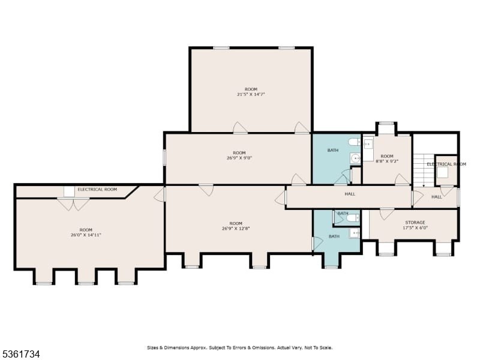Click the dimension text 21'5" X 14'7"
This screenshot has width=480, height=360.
click(x=251, y=95)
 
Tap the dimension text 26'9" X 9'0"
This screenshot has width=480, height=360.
click(x=239, y=158)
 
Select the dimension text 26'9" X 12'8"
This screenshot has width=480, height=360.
click(x=236, y=229)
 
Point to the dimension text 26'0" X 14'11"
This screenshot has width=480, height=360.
click(x=86, y=235)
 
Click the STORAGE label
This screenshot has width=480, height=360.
click(x=415, y=223)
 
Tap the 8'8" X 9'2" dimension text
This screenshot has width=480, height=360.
click(x=387, y=161)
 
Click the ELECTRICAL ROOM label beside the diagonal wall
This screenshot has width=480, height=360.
click(x=97, y=190)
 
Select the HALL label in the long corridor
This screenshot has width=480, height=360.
click(x=350, y=194)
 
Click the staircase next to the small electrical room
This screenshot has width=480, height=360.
click(x=424, y=170)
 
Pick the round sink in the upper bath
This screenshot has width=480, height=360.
click(x=355, y=158)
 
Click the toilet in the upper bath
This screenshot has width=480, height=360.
click(x=355, y=142)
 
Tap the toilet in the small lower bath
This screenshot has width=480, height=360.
click(x=354, y=218)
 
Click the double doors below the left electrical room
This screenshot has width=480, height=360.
click(x=73, y=204)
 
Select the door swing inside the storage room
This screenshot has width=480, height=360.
click(x=386, y=214)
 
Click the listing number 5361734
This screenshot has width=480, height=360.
click(x=20, y=354)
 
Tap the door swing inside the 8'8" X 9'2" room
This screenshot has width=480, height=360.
click(x=402, y=179)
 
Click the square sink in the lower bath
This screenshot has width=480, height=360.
click(x=355, y=233)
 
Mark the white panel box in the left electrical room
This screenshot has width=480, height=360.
click(x=69, y=192)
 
